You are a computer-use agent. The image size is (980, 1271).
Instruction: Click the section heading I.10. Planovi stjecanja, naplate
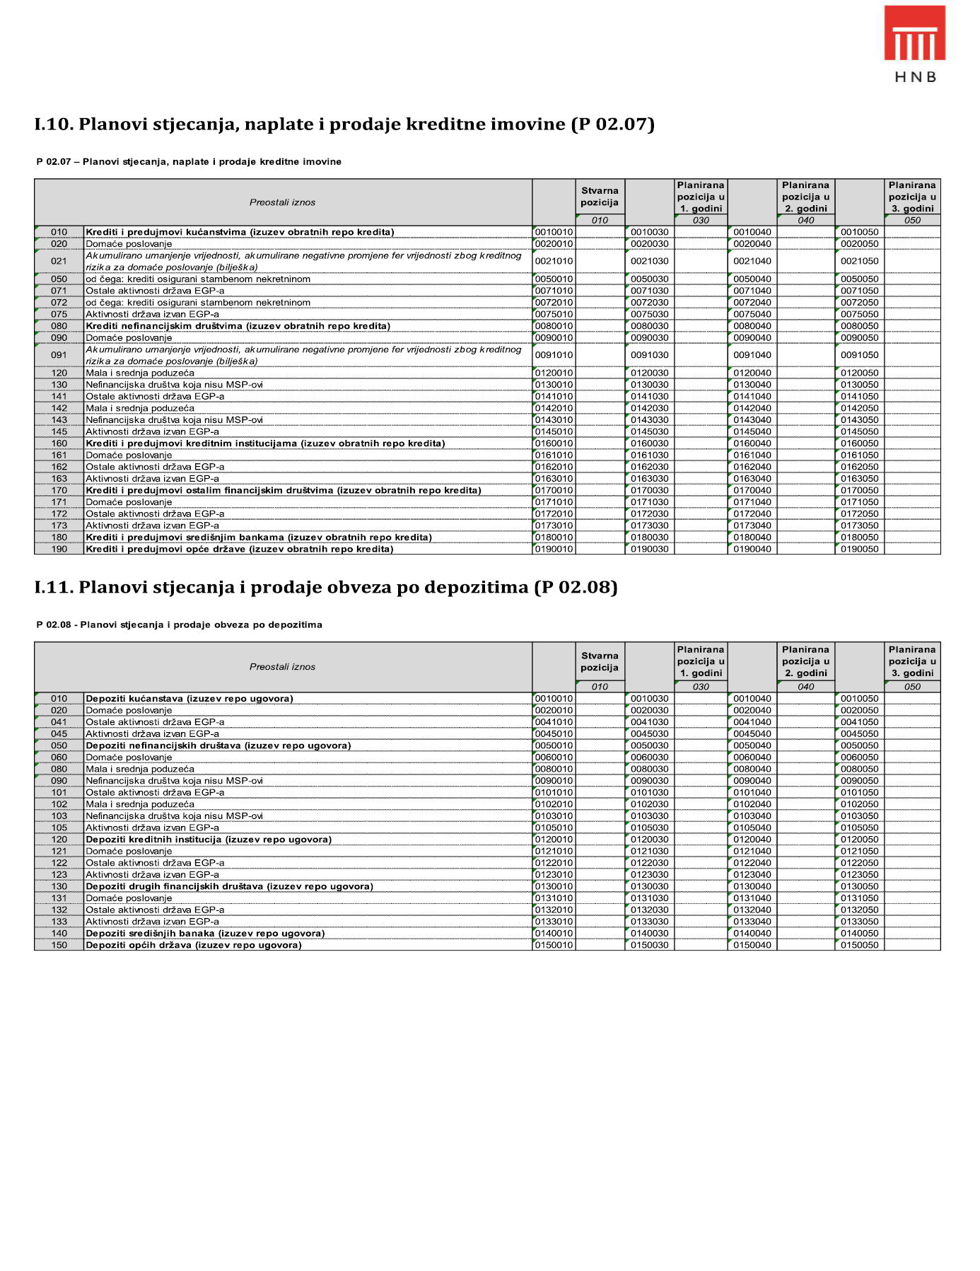[x=344, y=124]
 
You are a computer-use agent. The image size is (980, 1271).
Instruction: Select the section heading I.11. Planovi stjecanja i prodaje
[x=326, y=588]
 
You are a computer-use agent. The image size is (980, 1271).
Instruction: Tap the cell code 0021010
[x=554, y=262]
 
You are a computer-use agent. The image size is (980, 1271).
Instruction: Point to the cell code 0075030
[x=649, y=315]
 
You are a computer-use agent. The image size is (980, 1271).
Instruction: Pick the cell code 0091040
[x=752, y=356]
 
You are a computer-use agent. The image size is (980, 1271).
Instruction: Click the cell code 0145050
[x=859, y=432]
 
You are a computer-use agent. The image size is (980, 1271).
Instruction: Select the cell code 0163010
[x=554, y=479]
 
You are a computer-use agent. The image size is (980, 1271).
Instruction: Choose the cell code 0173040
[x=752, y=526]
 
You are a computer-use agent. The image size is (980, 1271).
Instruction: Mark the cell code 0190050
[x=859, y=550]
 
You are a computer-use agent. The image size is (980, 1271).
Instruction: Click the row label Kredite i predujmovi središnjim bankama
[x=259, y=538]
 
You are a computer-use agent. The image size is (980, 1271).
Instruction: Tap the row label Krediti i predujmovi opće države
[x=239, y=550]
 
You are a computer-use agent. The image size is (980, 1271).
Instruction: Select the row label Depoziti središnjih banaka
[x=205, y=934]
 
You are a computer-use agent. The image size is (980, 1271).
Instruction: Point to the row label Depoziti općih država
[x=194, y=946]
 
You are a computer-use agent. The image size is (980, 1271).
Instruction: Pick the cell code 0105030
[x=649, y=828]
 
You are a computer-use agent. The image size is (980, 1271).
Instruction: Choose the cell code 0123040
[x=752, y=875]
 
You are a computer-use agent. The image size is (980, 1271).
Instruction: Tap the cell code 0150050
[x=859, y=946]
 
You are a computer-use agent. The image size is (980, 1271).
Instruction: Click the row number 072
[x=59, y=303]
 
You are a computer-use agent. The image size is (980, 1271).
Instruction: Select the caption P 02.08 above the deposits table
[x=180, y=625]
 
